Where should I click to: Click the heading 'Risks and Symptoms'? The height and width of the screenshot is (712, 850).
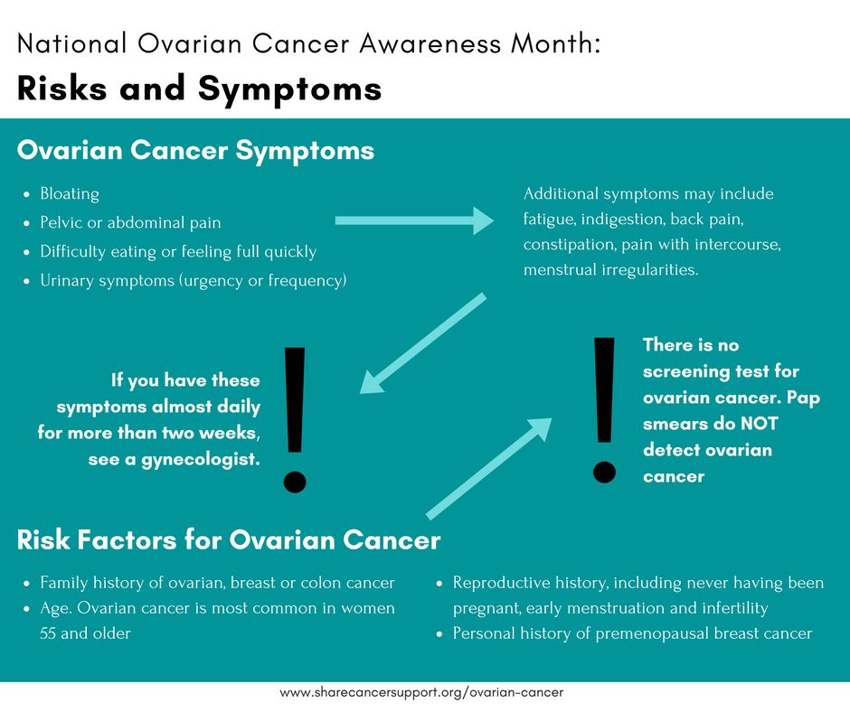[200, 89]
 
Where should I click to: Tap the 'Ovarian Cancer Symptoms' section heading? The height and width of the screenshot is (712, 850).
[195, 151]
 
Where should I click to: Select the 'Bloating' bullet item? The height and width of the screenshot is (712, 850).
[70, 194]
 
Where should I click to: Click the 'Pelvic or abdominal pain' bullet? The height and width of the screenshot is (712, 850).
[130, 222]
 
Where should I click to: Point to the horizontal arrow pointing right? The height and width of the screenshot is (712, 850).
[414, 220]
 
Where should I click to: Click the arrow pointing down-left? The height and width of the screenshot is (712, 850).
[423, 343]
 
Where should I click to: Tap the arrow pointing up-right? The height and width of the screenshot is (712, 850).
[488, 468]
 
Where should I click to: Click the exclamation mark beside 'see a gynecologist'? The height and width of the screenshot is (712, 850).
[295, 420]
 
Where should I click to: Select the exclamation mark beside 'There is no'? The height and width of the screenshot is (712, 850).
[604, 410]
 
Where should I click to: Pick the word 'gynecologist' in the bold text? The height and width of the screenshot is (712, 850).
[201, 460]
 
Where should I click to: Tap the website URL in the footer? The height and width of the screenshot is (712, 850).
[421, 692]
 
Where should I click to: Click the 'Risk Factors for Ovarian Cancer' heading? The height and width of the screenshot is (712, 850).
[229, 540]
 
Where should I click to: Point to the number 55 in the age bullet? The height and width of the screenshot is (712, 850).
[48, 633]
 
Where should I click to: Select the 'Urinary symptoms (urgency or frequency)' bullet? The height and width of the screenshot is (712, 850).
[193, 281]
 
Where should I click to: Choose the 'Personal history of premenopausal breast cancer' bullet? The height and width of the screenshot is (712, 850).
[632, 633]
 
